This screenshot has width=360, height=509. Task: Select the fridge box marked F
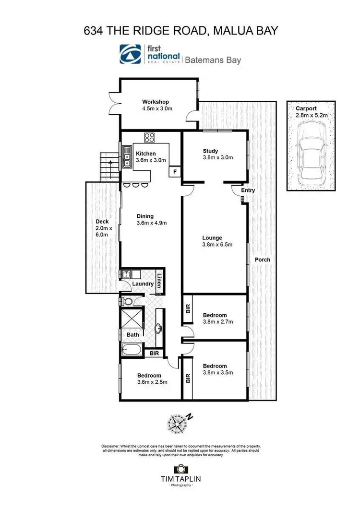tap(174, 171)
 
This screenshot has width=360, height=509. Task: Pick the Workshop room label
tap(156, 102)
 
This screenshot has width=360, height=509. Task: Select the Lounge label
tap(212, 237)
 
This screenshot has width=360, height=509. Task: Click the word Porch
tap(263, 260)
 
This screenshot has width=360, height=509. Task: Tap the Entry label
tap(248, 190)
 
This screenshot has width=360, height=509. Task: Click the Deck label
tap(102, 222)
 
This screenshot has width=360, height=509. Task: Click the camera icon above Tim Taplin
tap(180, 469)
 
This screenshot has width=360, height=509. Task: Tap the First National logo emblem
tap(131, 54)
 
